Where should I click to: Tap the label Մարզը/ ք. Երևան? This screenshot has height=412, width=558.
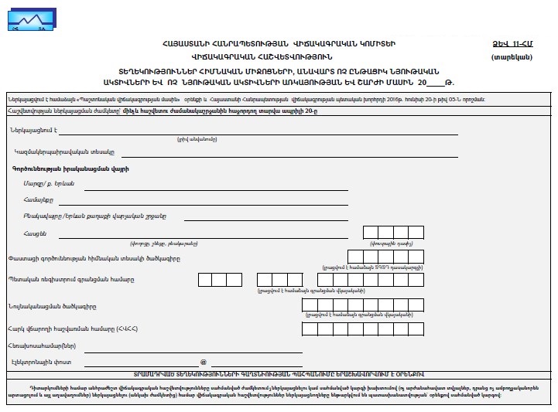pyautogui.click(x=48, y=183)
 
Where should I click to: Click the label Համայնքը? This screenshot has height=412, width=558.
pyautogui.click(x=36, y=199)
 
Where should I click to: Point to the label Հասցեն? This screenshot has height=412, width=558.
pyautogui.click(x=36, y=233)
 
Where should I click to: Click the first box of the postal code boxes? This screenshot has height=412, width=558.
pyautogui.click(x=371, y=232)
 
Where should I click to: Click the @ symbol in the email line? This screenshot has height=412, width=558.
pyautogui.click(x=204, y=362)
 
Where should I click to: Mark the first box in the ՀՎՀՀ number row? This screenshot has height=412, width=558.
pyautogui.click(x=309, y=329)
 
